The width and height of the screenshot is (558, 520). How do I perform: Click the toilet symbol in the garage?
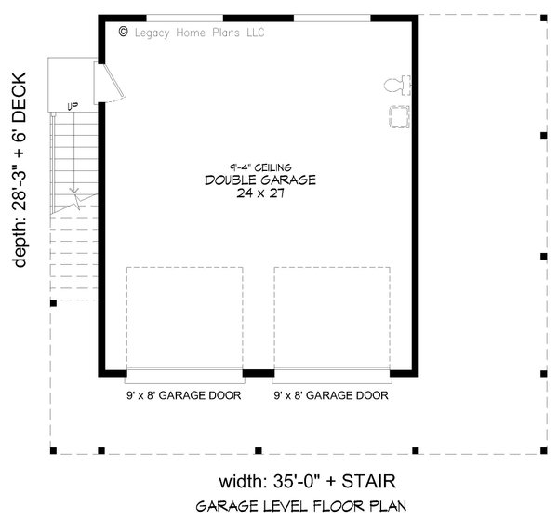pos(394,87)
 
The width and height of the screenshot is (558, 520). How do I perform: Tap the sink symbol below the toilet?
pos(399,115)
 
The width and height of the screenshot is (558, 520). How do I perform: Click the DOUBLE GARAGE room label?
pos(260,180)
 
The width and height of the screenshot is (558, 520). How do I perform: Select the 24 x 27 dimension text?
pos(260,194)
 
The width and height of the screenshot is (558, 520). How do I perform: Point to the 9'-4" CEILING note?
pos(260,167)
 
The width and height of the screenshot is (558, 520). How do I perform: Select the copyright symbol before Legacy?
pos(125,32)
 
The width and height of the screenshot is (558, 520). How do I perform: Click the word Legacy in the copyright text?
pos(155,32)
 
